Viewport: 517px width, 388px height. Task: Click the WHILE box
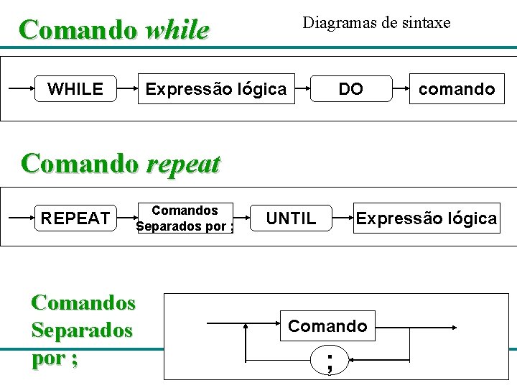tap(75, 89)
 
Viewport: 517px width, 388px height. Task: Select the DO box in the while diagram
tap(351, 89)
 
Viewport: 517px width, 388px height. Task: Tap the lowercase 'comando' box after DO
tap(457, 89)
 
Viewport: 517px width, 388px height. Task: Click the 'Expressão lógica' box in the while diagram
tap(215, 89)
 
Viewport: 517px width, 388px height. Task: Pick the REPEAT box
tap(75, 218)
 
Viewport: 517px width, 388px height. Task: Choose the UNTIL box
tap(291, 218)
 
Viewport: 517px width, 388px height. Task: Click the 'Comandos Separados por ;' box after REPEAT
tap(185, 218)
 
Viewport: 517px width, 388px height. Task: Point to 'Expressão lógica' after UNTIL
tap(426, 218)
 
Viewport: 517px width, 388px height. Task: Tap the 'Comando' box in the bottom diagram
tap(327, 326)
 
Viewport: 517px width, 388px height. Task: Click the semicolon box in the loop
tap(329, 359)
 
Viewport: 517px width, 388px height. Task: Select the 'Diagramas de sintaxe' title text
tap(376, 23)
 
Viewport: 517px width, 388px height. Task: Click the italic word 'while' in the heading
tap(177, 31)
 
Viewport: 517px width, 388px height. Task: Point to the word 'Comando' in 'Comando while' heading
tap(78, 31)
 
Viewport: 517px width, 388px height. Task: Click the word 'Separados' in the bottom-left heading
tap(82, 330)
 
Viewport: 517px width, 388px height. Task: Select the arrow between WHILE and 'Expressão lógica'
tap(127, 89)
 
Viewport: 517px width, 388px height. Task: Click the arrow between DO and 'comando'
tap(401, 89)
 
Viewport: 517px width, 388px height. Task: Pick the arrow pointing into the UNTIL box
tap(243, 218)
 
